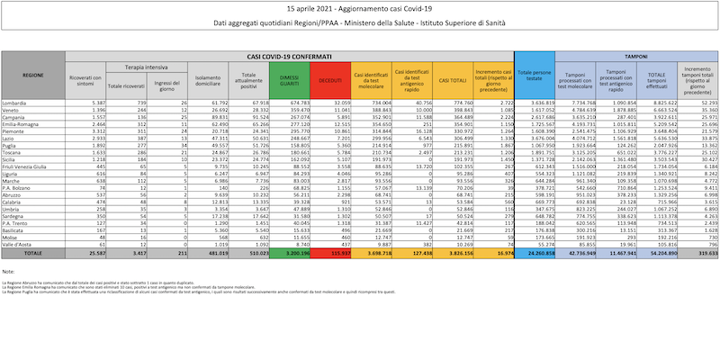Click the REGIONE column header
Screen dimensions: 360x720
pyautogui.click(x=33, y=75)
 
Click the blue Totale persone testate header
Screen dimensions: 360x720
pyautogui.click(x=535, y=80)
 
